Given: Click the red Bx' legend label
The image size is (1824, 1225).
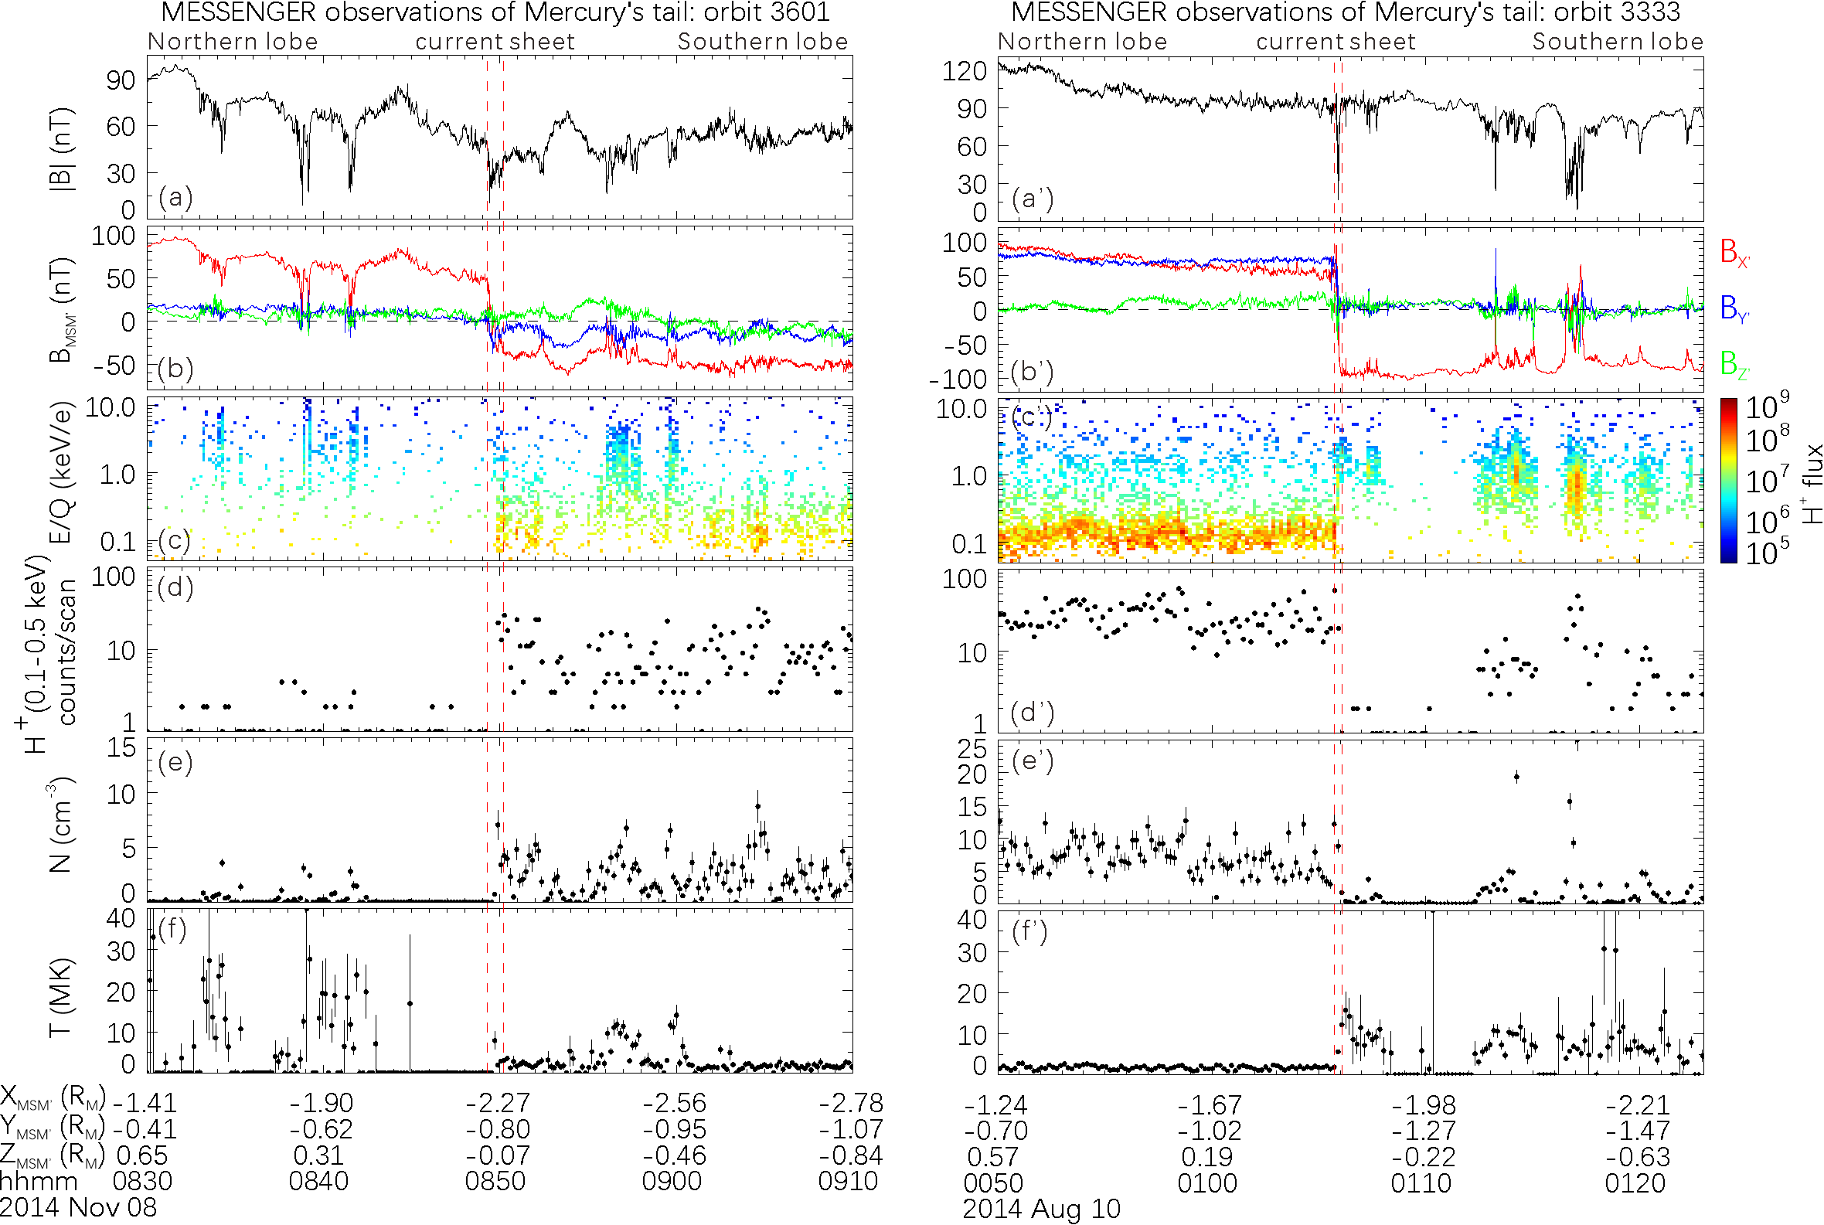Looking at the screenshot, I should (1734, 253).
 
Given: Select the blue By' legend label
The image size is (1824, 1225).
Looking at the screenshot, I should (1734, 308).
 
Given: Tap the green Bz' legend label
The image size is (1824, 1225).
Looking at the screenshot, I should (1734, 364).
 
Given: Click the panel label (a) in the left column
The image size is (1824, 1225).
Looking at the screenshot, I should (175, 197).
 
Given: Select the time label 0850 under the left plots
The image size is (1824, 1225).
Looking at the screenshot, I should (495, 1180).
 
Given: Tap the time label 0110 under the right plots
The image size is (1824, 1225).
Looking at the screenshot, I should (1421, 1182).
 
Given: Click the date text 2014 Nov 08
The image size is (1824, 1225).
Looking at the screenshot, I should (78, 1207).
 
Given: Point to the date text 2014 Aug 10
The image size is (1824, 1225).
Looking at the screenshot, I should (1041, 1210).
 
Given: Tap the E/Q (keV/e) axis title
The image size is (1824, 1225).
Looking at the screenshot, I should (61, 473).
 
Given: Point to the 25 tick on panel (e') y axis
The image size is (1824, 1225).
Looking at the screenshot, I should (972, 749).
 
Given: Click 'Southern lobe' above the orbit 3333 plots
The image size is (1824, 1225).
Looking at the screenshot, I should (1617, 42).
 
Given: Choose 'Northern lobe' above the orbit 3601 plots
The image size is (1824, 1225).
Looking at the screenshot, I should (233, 42).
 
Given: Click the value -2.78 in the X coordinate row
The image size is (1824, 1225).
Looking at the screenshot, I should (851, 1103).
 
